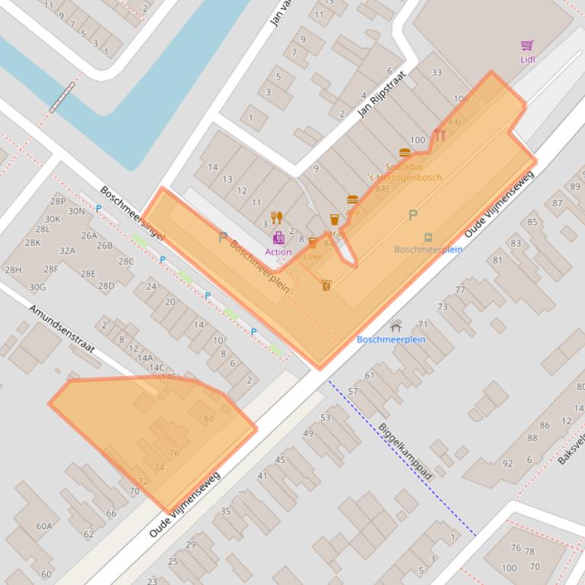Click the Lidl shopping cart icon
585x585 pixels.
point(527,46)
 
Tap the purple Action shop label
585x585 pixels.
point(278,252)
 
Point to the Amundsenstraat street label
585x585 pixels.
point(62,329)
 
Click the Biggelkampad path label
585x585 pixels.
point(405,451)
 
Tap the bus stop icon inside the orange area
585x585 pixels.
point(428,238)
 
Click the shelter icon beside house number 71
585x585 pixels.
point(396,325)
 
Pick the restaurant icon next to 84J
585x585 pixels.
point(440,135)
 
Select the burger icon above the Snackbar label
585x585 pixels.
point(404,153)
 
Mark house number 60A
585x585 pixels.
point(44,526)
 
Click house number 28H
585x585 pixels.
point(13,270)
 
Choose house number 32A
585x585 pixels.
point(67,251)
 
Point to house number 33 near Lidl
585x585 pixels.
point(436,73)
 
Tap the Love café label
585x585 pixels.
point(313,257)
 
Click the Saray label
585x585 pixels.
point(333,234)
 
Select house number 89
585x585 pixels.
point(575,187)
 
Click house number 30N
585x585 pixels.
point(76,211)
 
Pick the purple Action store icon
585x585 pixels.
point(278,238)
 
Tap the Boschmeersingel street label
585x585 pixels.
point(132,213)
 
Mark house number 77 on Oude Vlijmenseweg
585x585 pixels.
point(460,289)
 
